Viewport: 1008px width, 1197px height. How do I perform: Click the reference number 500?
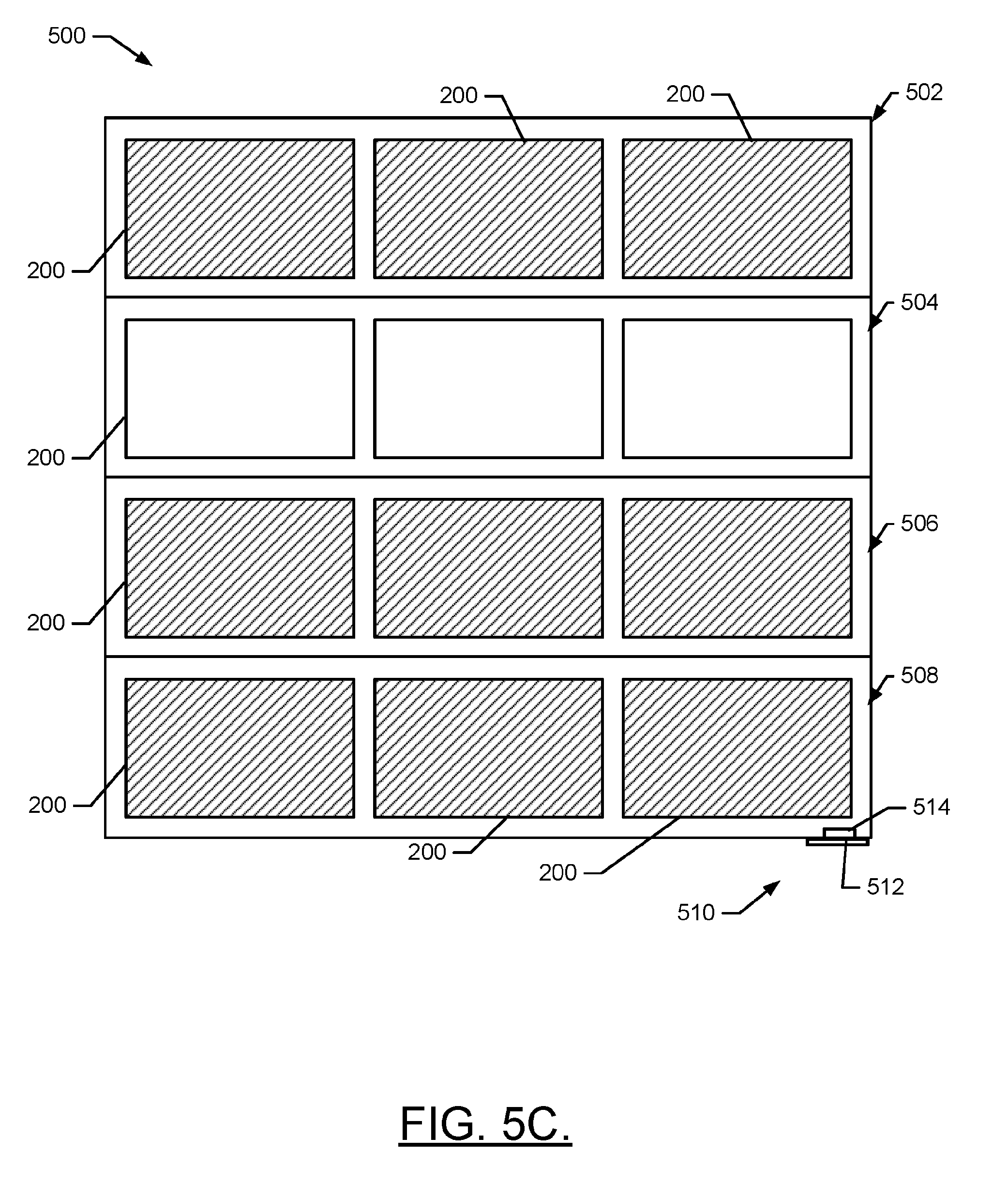point(66,36)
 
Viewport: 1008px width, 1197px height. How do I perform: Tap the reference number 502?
point(924,92)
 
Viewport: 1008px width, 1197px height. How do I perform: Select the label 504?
point(919,302)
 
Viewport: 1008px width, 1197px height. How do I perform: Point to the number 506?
point(919,524)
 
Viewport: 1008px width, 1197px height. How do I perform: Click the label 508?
point(919,675)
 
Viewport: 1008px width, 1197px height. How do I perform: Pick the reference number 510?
point(696,913)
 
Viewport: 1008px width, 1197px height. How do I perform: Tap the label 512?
point(885,887)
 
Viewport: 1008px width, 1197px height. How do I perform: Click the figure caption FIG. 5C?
point(485,1124)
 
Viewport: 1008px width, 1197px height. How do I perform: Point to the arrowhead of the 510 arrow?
point(772,887)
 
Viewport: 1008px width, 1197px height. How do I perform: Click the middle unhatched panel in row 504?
point(489,389)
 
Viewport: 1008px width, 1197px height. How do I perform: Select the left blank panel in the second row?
point(240,389)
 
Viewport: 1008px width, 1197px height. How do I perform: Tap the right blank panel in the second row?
point(737,389)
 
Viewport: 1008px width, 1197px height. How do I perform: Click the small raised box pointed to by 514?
point(839,834)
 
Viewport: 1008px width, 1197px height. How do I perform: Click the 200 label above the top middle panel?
point(458,95)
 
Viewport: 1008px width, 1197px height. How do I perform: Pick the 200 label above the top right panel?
point(685,94)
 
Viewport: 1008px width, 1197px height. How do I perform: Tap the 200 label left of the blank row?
point(45,458)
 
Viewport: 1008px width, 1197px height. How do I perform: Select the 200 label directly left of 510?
point(557,872)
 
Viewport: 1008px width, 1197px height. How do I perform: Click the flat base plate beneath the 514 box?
point(838,841)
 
